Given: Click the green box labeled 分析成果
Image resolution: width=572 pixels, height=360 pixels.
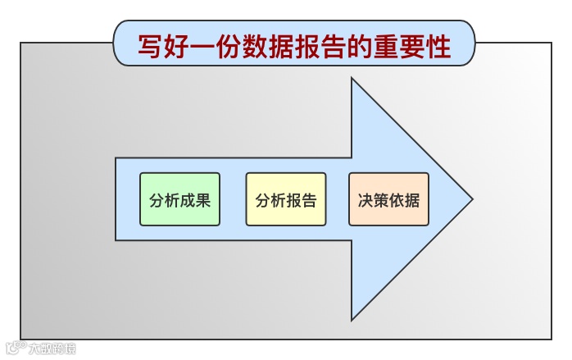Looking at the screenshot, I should tap(179, 199).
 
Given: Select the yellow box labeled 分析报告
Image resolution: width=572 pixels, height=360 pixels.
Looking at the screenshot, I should tap(285, 199).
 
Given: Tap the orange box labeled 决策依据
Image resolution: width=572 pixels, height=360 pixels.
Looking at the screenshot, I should tap(388, 199).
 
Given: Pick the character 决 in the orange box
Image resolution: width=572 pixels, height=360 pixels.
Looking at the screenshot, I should tap(365, 200).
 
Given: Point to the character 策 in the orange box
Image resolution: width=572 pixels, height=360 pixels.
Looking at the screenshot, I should tap(381, 200).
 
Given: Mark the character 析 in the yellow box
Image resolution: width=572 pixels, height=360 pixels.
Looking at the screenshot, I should tap(278, 200).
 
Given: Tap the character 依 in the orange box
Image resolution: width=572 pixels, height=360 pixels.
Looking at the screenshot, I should tap(397, 200).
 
